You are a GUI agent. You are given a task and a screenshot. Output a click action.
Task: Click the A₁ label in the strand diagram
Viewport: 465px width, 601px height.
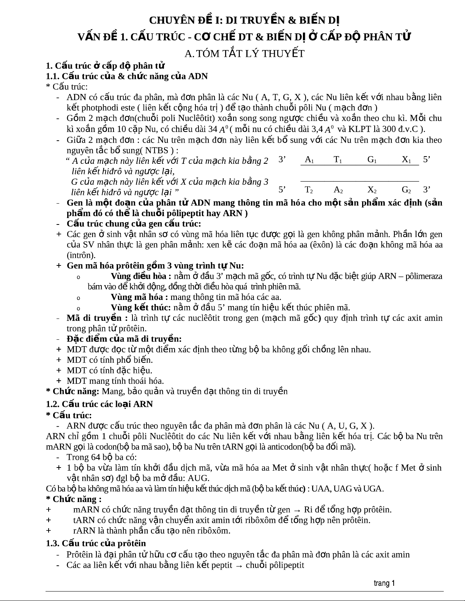coord(309,160)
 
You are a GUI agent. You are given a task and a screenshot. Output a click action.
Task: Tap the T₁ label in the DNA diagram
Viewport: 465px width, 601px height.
coord(338,160)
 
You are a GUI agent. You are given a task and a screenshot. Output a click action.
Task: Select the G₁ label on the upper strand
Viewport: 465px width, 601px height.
coord(372,160)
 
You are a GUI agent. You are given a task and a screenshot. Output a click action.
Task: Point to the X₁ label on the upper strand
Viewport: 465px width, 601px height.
coord(406,160)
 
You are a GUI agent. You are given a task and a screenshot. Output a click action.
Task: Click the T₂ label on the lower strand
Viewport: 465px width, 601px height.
coord(309,190)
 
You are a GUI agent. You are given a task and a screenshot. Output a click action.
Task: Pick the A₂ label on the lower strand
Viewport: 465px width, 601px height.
coord(338,190)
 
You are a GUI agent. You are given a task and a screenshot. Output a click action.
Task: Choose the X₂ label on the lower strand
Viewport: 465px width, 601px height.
coord(372,190)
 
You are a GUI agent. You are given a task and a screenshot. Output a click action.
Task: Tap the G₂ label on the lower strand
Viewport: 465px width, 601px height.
coord(406,190)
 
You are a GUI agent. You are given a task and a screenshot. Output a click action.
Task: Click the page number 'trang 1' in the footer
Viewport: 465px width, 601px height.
coord(384,583)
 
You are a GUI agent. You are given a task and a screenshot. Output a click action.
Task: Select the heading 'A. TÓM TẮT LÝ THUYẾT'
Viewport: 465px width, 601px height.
coord(244,54)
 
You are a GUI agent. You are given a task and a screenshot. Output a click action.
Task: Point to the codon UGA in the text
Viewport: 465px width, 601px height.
coord(373,488)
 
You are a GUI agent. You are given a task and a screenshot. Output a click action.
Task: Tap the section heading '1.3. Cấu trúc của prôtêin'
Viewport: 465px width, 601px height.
coord(96,543)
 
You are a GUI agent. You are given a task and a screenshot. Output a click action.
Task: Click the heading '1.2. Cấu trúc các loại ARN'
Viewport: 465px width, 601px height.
coord(99,404)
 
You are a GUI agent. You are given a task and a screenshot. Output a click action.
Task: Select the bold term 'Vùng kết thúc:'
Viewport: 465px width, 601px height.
coord(140,308)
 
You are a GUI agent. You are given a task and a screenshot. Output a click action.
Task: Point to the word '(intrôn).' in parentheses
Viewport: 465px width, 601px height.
coord(81,255)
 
